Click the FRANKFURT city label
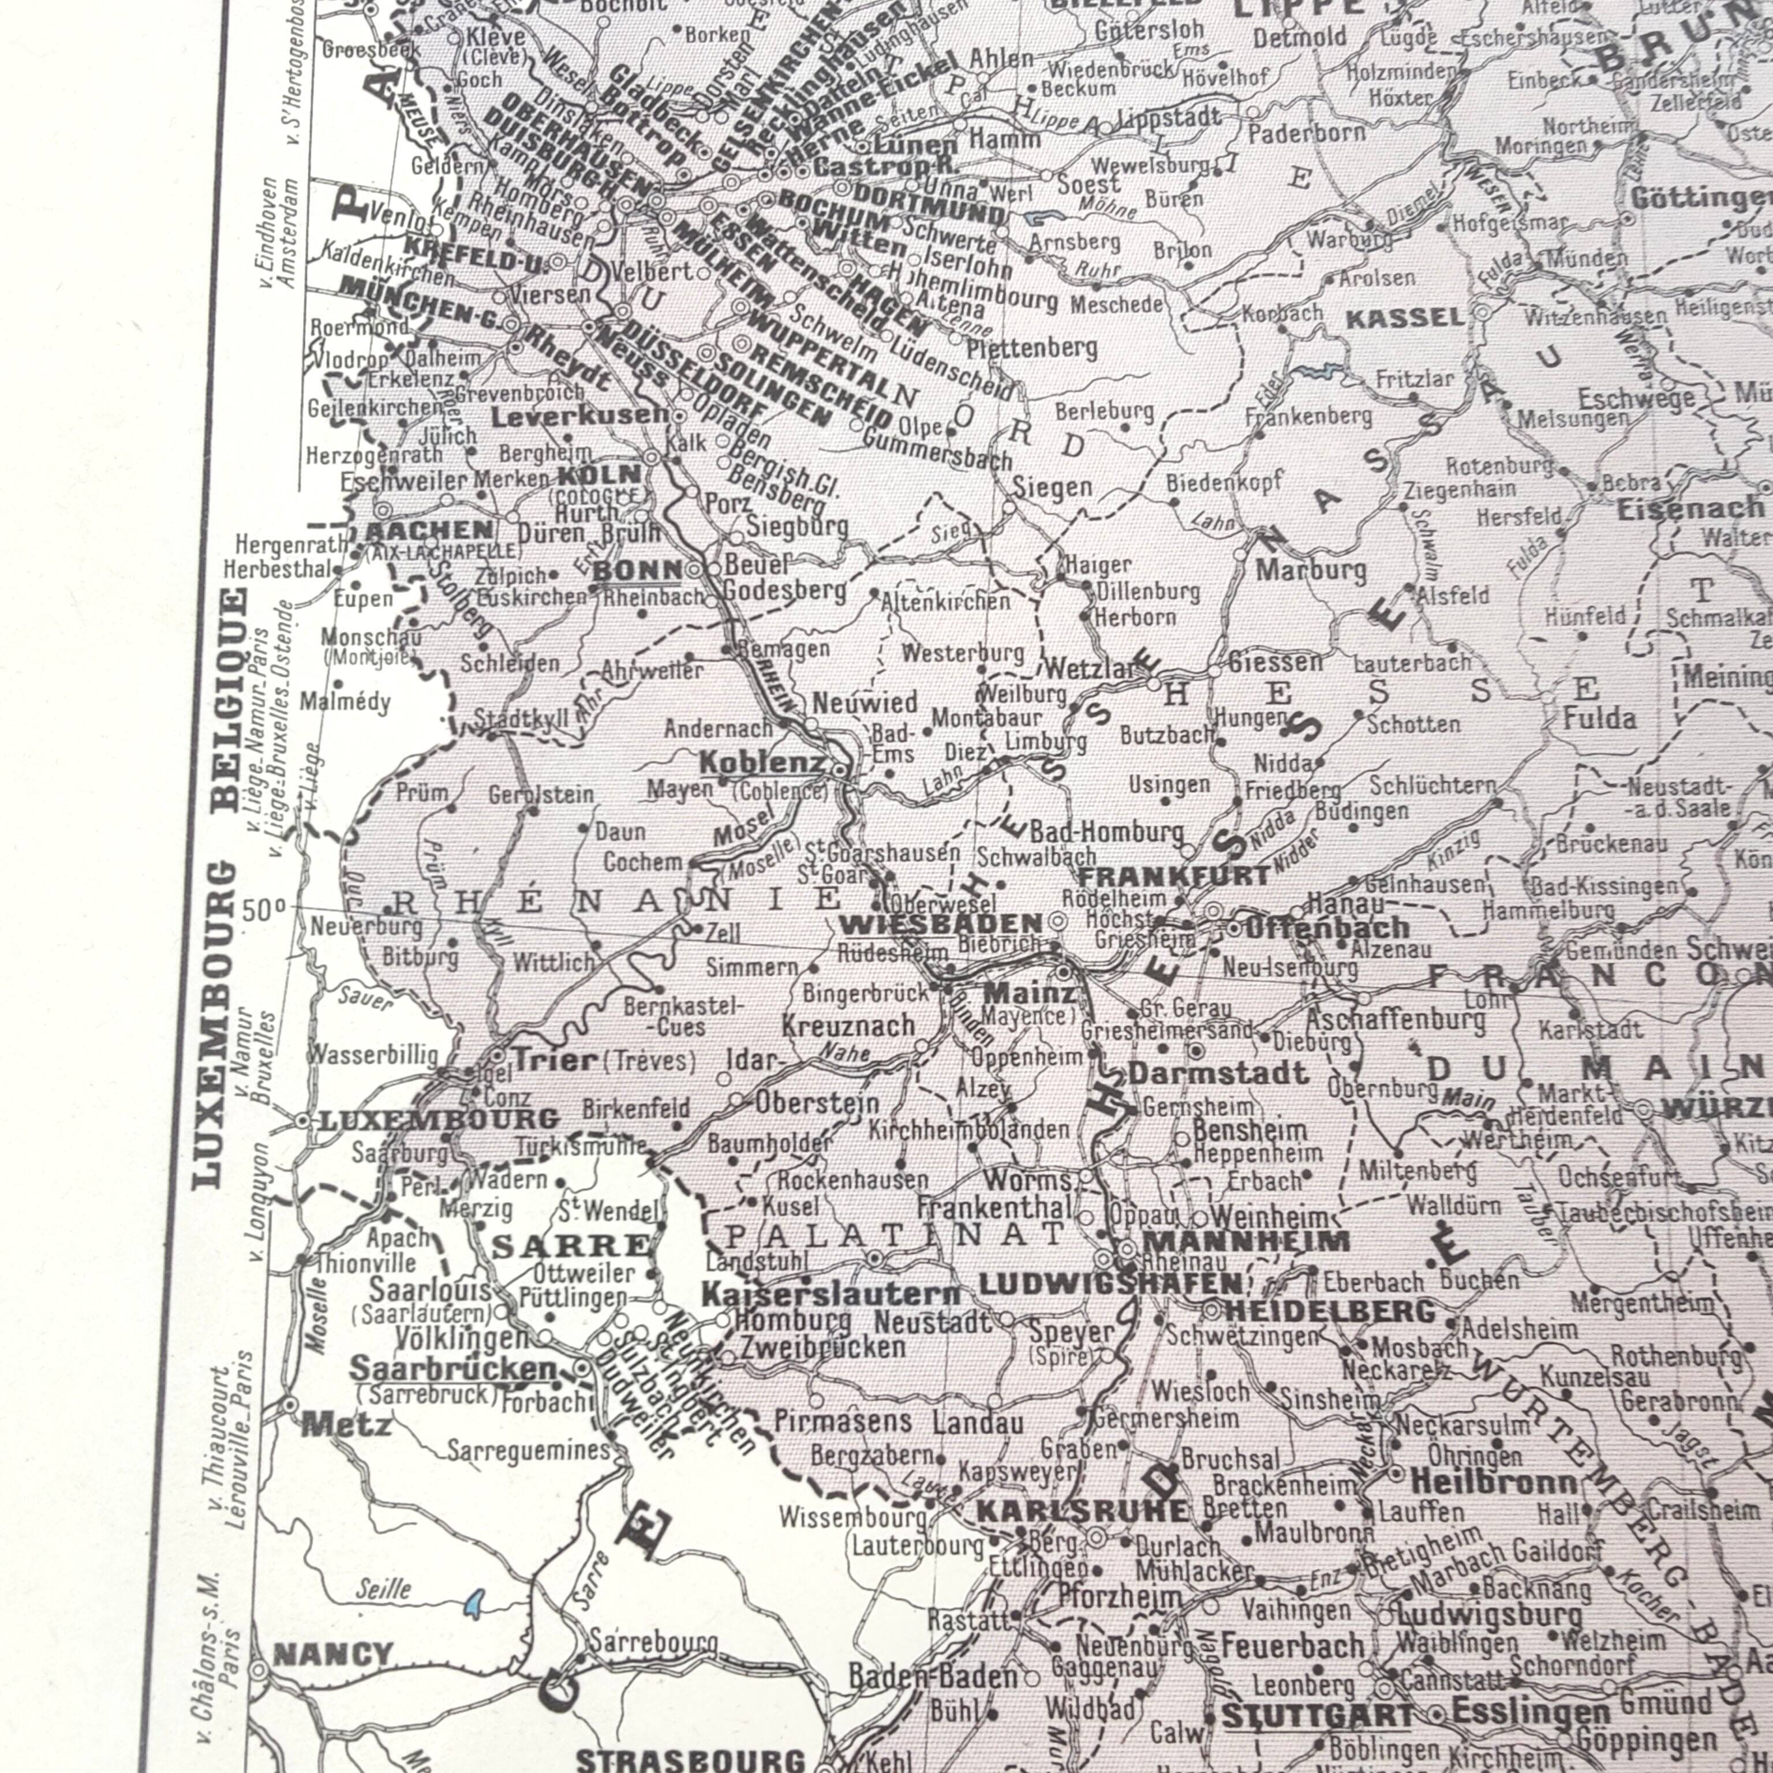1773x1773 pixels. (1173, 876)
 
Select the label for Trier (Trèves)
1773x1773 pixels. (601, 1061)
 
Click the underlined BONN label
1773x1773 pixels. (638, 570)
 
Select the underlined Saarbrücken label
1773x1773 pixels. (452, 1368)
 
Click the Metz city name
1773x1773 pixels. (347, 1424)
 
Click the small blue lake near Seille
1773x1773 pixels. (473, 1603)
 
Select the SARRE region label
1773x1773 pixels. (571, 1246)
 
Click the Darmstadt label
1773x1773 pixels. (1218, 1073)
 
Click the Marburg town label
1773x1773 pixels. (1311, 571)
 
